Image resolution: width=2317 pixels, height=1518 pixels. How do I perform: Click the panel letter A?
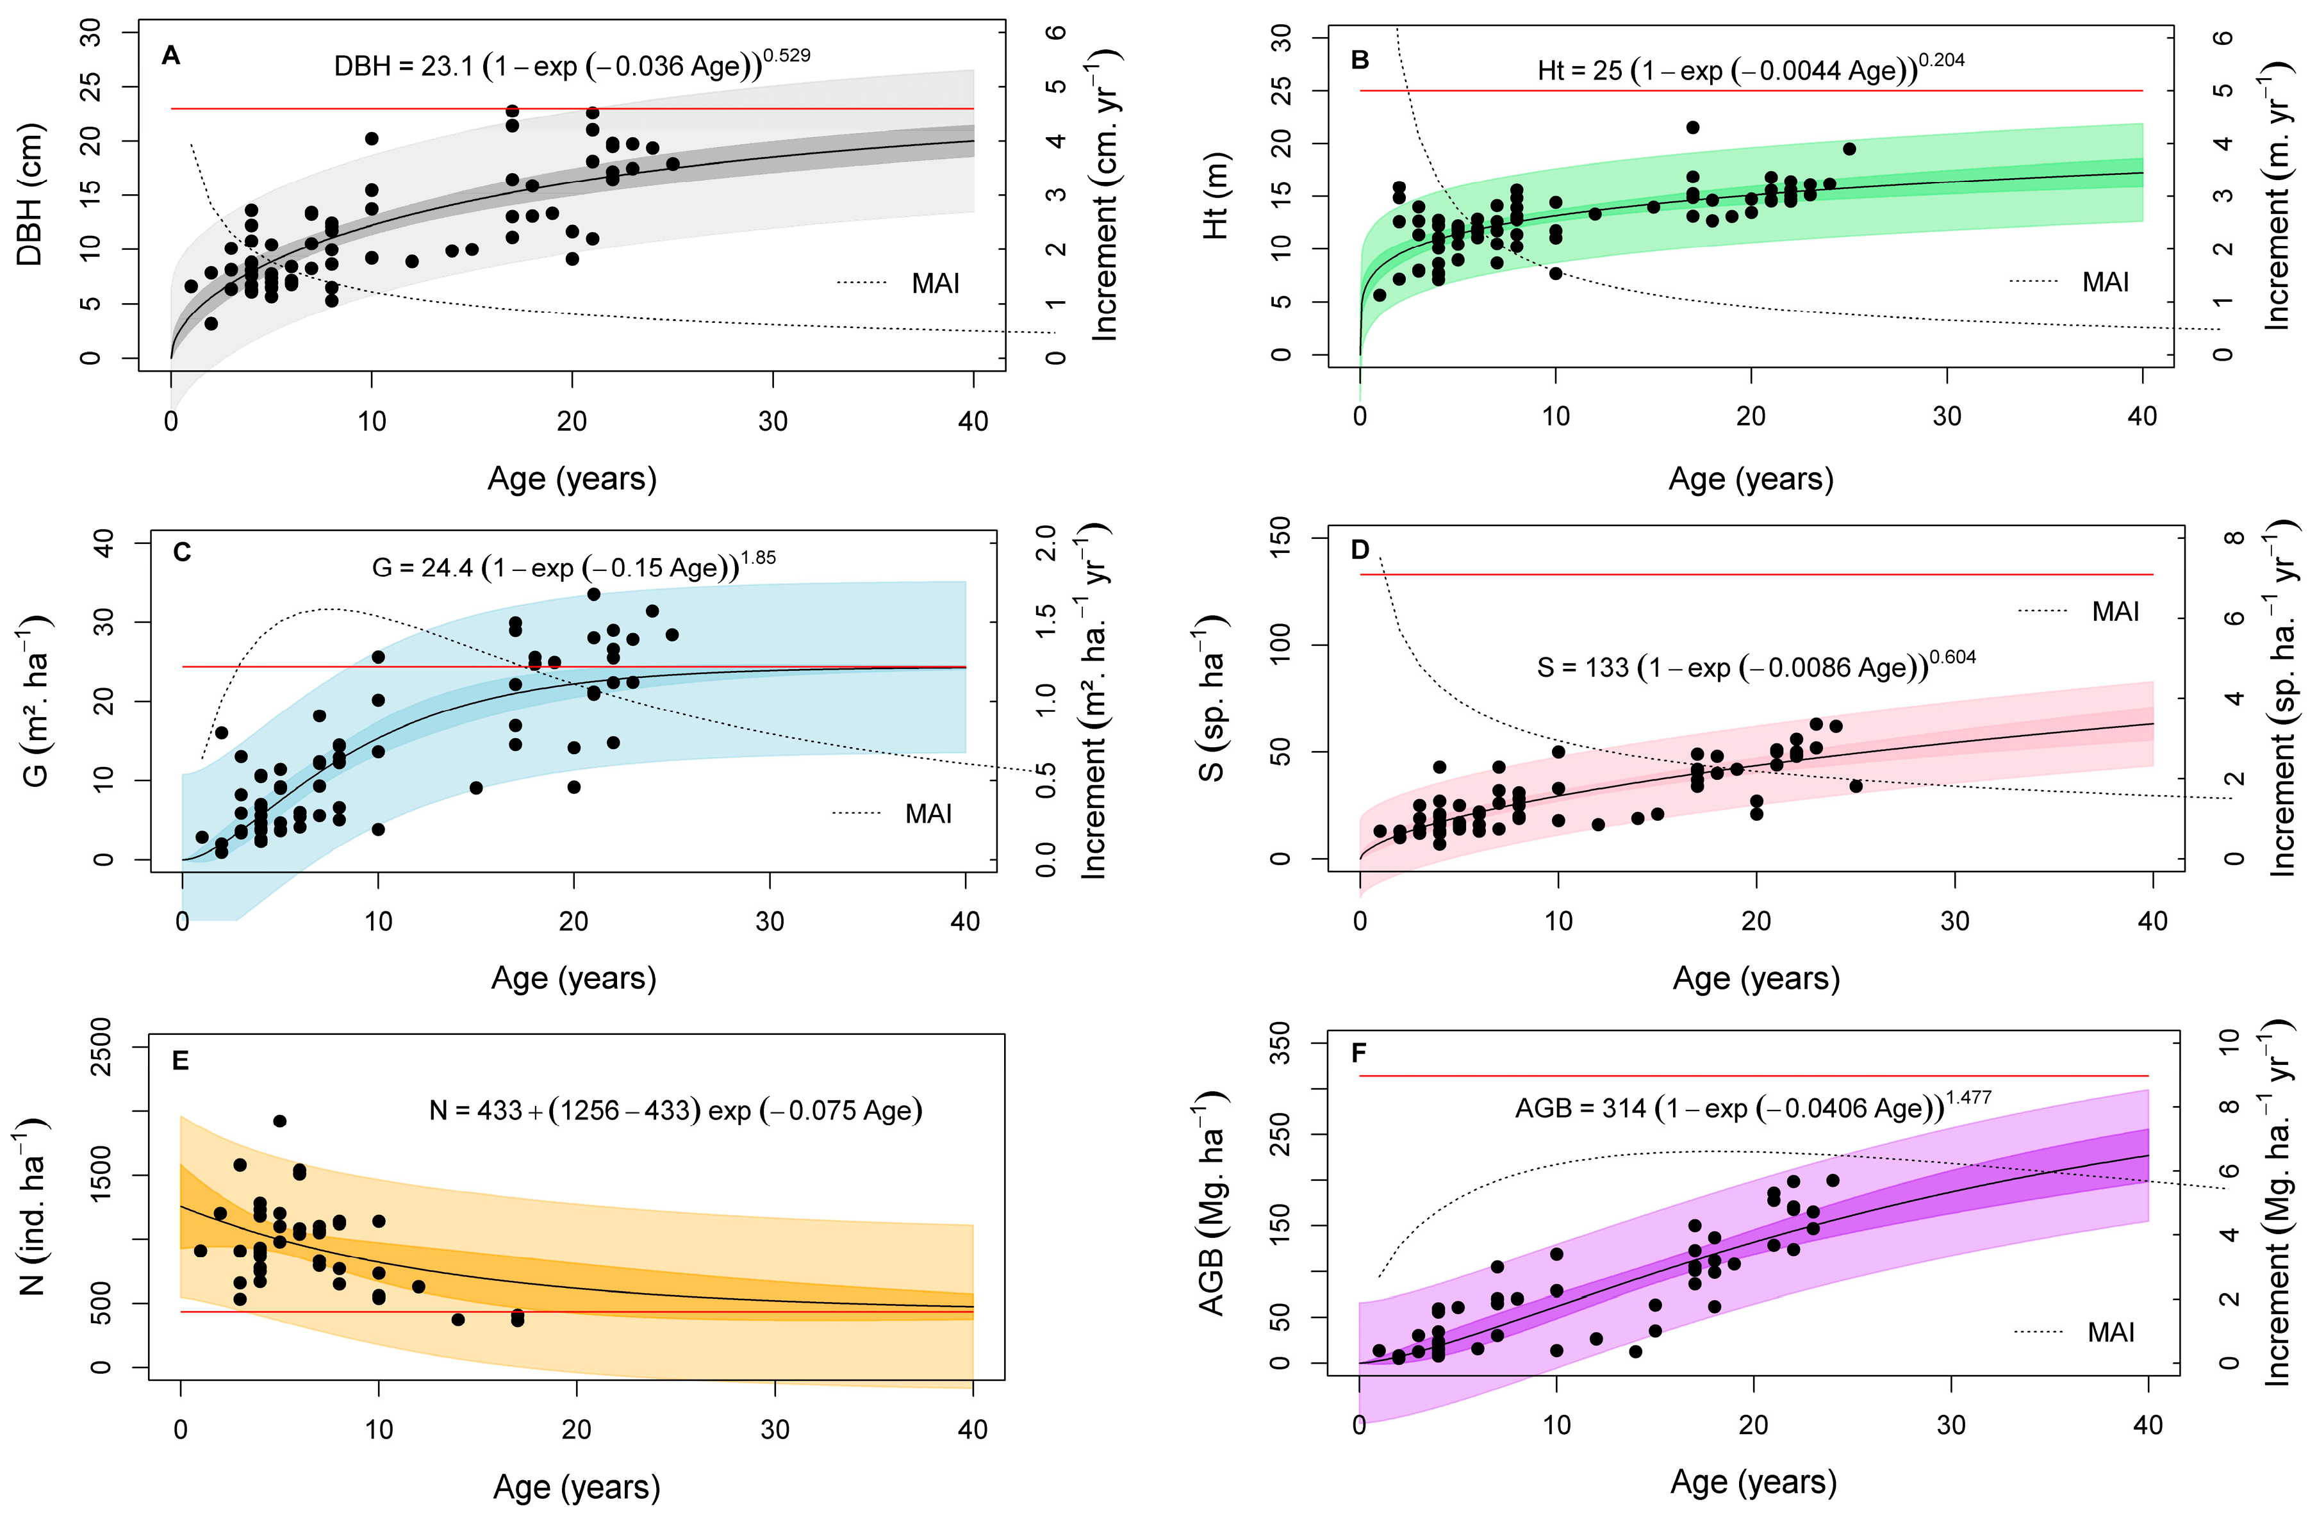pyautogui.click(x=171, y=56)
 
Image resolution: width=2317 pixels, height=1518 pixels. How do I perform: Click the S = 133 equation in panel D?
pyautogui.click(x=1755, y=667)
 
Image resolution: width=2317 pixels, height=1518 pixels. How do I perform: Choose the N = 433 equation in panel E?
pyautogui.click(x=675, y=1110)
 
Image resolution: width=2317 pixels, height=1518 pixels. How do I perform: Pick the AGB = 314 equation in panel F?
pyautogui.click(x=1752, y=1107)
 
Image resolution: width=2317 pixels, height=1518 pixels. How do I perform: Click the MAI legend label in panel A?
pyautogui.click(x=935, y=283)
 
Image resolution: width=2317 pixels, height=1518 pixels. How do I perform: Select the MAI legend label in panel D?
pyautogui.click(x=2115, y=611)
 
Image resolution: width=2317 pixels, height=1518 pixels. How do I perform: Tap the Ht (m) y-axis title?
pyautogui.click(x=1216, y=195)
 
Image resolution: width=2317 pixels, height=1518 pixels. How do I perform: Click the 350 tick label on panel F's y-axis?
pyautogui.click(x=1281, y=1043)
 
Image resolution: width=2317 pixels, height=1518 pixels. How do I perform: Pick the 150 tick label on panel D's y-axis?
pyautogui.click(x=1281, y=538)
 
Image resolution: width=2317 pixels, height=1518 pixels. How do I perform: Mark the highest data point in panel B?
pyautogui.click(x=1693, y=128)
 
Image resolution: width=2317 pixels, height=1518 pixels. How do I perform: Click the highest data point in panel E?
pyautogui.click(x=279, y=1121)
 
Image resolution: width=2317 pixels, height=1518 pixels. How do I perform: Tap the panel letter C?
pyautogui.click(x=182, y=553)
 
